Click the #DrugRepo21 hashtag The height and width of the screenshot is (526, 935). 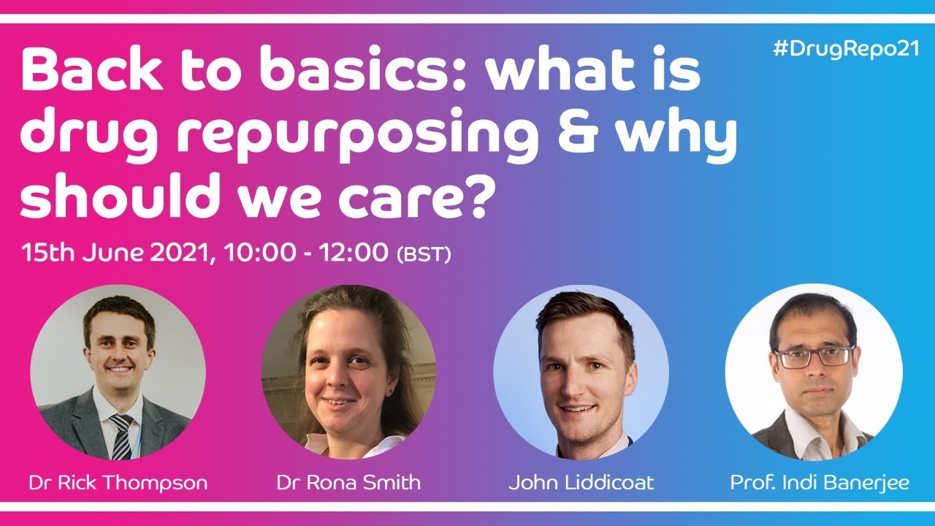(x=845, y=50)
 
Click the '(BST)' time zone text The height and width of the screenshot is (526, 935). (x=423, y=255)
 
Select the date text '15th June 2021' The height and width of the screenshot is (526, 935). (x=117, y=254)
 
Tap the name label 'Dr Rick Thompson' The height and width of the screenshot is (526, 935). (x=118, y=483)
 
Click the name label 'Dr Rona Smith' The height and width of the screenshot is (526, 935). (x=348, y=483)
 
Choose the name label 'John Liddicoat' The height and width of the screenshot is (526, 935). (x=581, y=483)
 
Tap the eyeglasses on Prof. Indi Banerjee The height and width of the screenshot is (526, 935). (x=814, y=357)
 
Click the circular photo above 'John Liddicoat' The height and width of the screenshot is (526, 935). (x=581, y=371)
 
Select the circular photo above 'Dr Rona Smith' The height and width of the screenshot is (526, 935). (x=348, y=371)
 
